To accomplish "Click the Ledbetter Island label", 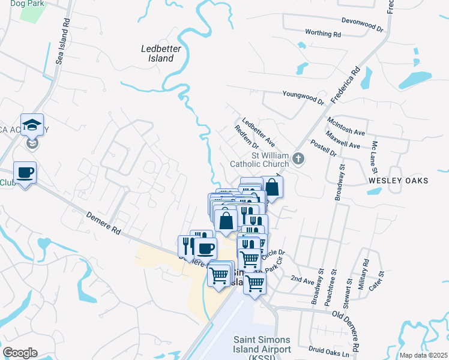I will click(x=157, y=54).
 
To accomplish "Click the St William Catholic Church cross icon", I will click(x=298, y=159).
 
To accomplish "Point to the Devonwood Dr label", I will click(x=362, y=24).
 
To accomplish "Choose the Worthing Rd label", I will click(x=323, y=34).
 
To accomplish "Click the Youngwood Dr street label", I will click(x=303, y=94).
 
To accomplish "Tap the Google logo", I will click(x=20, y=353).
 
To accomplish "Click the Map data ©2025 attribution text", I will click(x=423, y=355).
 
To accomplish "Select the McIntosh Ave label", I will click(x=346, y=127).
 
